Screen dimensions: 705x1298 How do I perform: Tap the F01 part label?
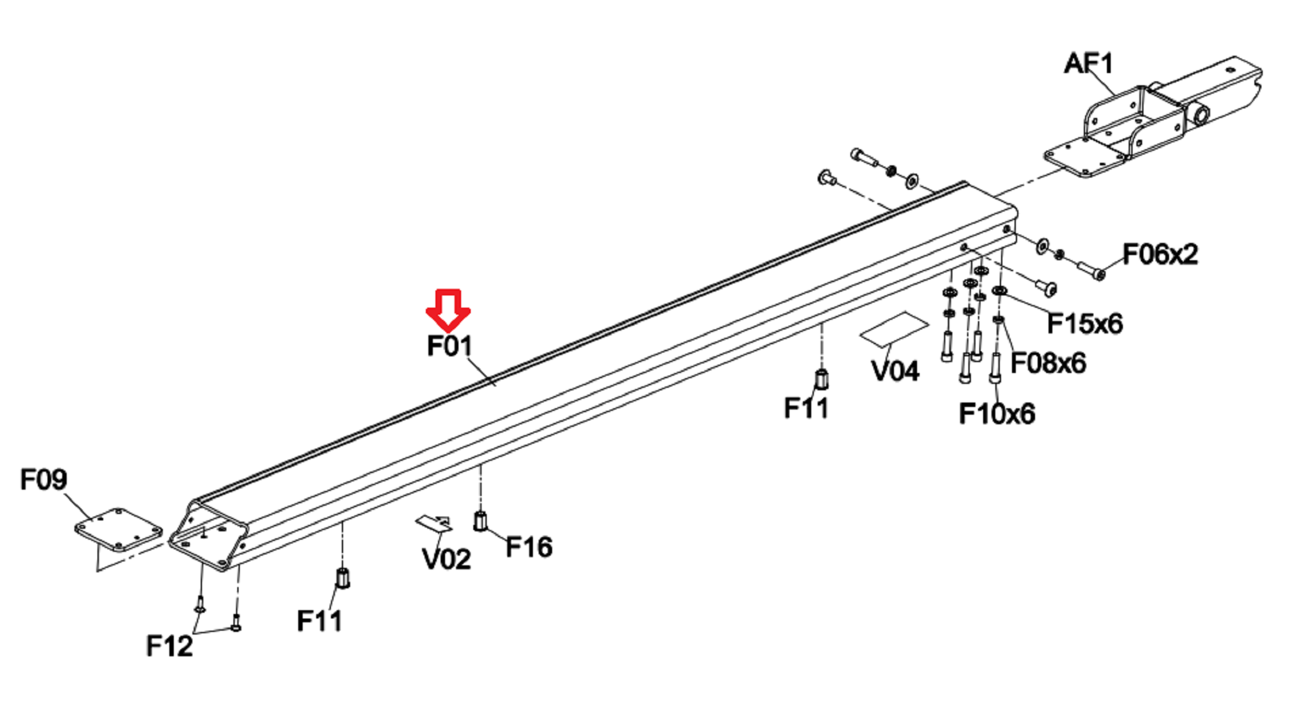450,346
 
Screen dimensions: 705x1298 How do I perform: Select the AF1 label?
1088,63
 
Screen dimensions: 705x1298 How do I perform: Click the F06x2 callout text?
1159,254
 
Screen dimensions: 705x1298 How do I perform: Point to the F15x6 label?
1084,324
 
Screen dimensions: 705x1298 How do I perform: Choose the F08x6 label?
1048,363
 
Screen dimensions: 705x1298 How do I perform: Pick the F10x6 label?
997,414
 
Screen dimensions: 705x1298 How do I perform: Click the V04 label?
895,370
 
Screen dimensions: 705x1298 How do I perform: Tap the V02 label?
446,559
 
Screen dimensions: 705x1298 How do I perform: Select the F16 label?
528,547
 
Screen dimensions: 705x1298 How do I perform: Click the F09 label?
44,479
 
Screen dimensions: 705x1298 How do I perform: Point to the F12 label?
169,646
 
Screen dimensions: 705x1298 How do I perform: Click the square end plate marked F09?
119,530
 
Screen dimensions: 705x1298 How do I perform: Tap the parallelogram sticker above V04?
893,329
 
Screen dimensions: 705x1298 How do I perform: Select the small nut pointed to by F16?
480,521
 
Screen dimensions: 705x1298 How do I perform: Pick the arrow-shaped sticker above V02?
435,523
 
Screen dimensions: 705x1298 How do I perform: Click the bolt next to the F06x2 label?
1090,270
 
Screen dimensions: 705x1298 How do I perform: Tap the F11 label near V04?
806,408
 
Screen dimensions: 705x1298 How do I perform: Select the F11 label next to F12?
319,621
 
